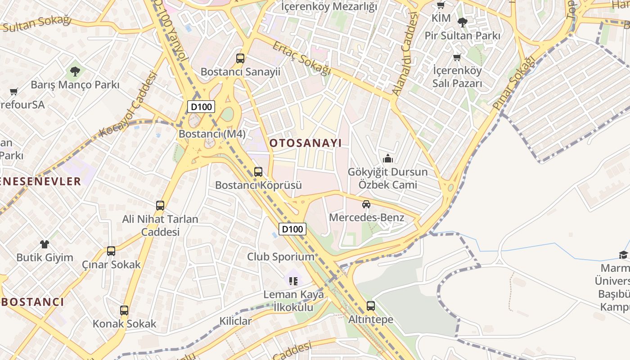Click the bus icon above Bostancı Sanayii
(240, 58)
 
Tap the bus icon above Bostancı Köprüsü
(258, 171)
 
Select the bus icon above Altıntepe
(370, 306)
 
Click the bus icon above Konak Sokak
(124, 310)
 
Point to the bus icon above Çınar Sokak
(111, 251)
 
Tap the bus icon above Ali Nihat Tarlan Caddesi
(160, 206)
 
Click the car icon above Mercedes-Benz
(366, 204)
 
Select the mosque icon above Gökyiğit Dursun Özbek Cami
(387, 158)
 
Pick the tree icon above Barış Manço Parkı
(75, 71)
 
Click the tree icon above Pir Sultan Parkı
(462, 22)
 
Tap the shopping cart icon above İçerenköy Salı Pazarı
(457, 57)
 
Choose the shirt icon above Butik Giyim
(44, 244)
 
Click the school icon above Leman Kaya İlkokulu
(293, 281)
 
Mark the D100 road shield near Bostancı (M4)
(201, 107)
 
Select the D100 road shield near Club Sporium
(292, 229)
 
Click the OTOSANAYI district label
(306, 143)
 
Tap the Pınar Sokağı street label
(514, 81)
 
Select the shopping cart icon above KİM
(441, 5)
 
